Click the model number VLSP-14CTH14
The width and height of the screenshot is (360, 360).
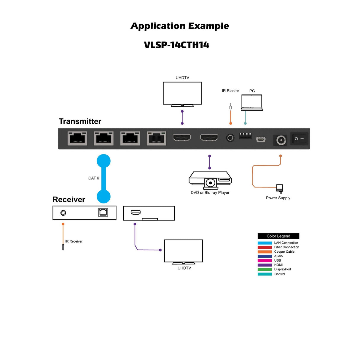pos(177,45)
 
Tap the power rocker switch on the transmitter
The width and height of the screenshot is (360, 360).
pos(299,138)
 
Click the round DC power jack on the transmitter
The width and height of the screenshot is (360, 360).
pos(281,140)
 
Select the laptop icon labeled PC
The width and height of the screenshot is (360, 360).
pos(252,102)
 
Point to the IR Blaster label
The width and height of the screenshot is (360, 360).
pos(230,91)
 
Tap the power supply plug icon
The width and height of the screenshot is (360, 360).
pos(279,188)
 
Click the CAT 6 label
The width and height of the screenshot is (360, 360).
pos(94,178)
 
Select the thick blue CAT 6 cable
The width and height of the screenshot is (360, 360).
pos(104,179)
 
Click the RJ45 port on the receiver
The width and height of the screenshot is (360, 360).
pos(103,212)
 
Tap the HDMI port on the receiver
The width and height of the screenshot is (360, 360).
pos(136,212)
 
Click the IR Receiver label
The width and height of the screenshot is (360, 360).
pos(74,241)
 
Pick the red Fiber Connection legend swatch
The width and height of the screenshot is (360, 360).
pos(265,247)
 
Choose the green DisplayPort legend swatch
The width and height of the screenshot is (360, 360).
pos(265,270)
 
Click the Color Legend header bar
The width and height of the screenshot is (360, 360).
pos(278,236)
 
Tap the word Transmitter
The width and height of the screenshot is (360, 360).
pos(80,121)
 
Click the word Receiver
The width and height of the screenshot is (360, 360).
pos(69,200)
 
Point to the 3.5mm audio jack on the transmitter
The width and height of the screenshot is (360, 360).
pos(230,138)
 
